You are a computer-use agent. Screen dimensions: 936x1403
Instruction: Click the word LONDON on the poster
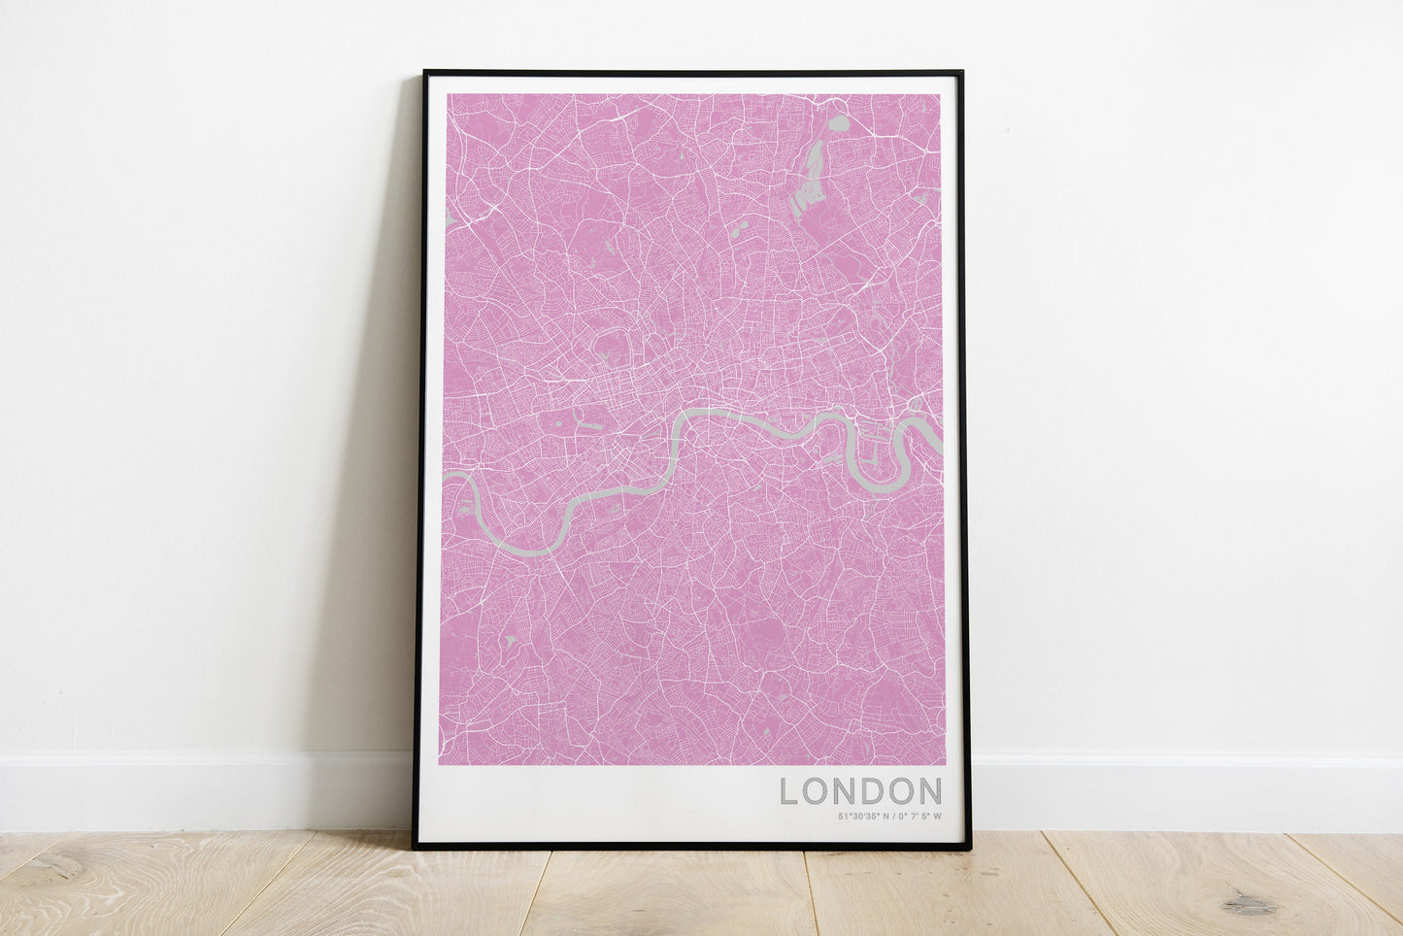[860, 791]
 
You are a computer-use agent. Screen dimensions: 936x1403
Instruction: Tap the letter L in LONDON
[788, 791]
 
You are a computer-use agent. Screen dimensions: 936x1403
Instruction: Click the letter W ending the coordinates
[938, 817]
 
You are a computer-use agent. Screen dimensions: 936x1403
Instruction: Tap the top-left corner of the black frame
[425, 73]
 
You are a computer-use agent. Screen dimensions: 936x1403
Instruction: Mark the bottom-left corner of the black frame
[415, 848]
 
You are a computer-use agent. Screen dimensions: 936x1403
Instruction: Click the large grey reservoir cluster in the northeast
[809, 184]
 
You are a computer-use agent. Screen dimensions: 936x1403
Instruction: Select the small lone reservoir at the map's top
[837, 123]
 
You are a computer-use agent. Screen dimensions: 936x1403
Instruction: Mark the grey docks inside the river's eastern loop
[873, 452]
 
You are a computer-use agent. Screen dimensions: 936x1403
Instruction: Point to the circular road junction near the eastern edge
[913, 403]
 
